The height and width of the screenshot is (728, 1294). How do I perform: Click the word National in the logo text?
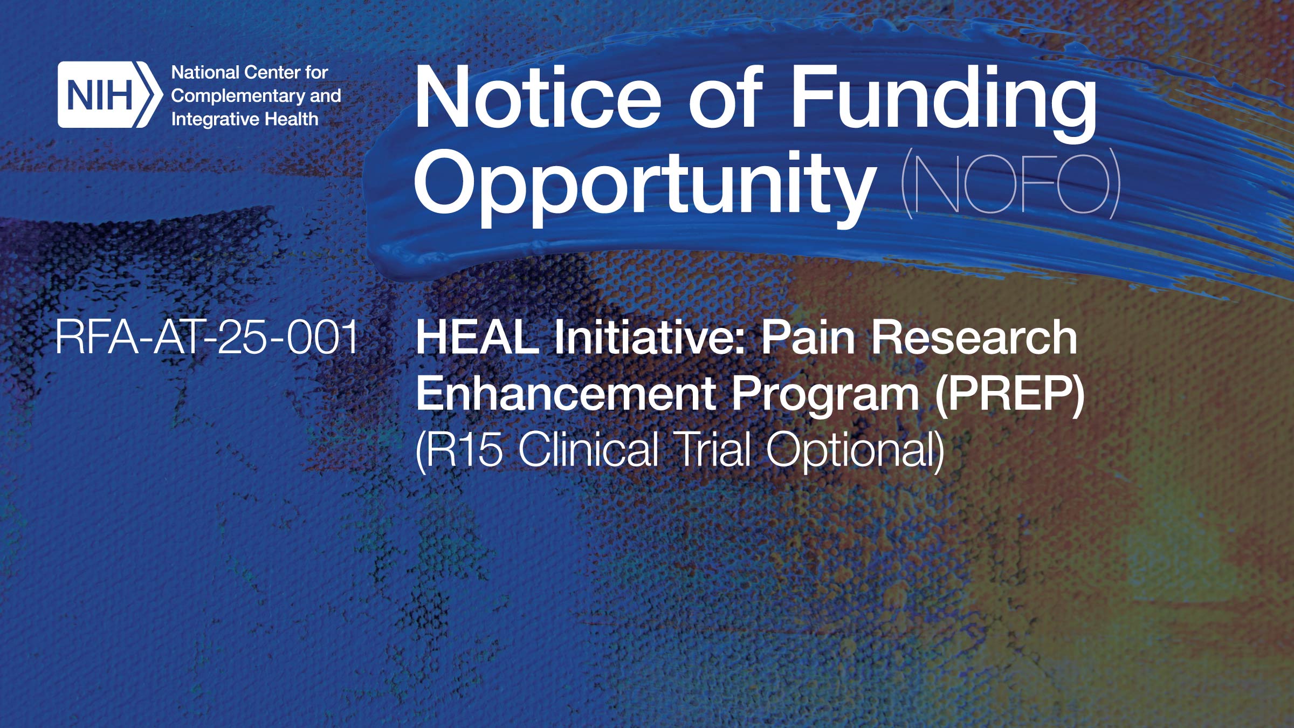click(x=205, y=72)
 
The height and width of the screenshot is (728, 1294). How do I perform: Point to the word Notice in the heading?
click(x=536, y=99)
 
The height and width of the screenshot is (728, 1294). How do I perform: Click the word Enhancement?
click(x=565, y=394)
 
